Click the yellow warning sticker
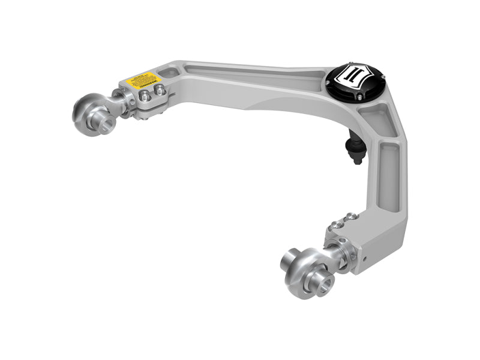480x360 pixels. pos(142,80)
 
